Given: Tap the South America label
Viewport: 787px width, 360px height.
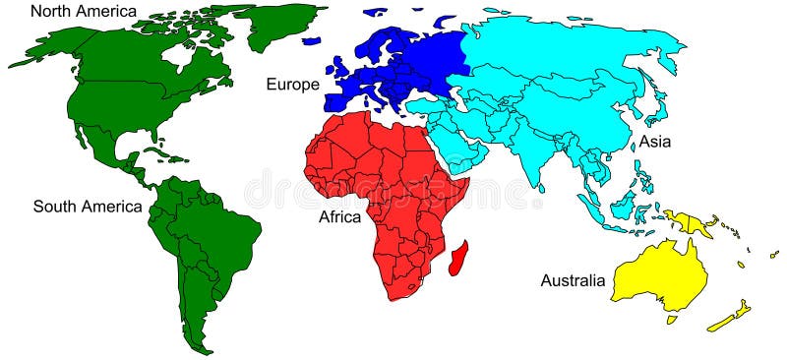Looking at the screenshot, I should pyautogui.click(x=88, y=207).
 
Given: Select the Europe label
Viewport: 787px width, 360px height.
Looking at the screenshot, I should pyautogui.click(x=292, y=85).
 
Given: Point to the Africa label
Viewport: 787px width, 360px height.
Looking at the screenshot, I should pyautogui.click(x=341, y=216).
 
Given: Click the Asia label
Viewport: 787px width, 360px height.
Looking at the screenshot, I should pyautogui.click(x=654, y=142).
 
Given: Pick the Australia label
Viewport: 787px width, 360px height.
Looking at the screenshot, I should pyautogui.click(x=573, y=281).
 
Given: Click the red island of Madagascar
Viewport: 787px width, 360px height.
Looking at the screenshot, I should pyautogui.click(x=456, y=258).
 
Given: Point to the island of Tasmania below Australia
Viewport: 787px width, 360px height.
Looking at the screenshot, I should pyautogui.click(x=672, y=319).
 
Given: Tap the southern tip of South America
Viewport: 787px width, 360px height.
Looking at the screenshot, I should pyautogui.click(x=201, y=348).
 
